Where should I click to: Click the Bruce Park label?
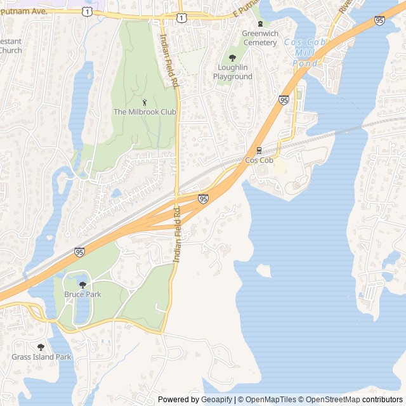[x=82, y=295]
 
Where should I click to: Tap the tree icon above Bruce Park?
[x=82, y=285]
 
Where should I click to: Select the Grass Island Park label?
[x=41, y=357]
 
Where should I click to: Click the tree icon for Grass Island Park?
[x=41, y=346]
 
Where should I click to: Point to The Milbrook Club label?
[x=144, y=112]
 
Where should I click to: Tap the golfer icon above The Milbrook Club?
[x=144, y=101]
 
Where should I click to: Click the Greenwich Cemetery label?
[x=259, y=43]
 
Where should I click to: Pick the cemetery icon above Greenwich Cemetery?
[x=259, y=32]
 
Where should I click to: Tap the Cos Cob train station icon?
[x=259, y=150]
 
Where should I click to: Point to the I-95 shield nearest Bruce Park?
[x=79, y=252]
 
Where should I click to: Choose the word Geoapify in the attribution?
[x=217, y=400]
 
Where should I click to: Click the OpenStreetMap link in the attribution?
[x=332, y=400]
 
